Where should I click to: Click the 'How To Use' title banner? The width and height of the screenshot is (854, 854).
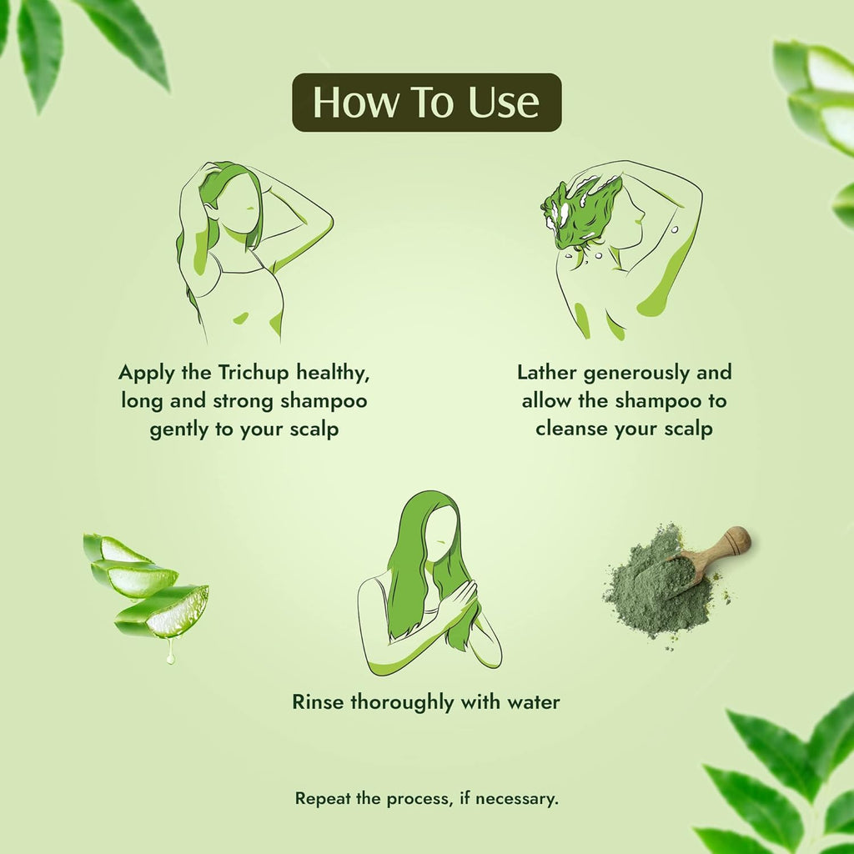426,103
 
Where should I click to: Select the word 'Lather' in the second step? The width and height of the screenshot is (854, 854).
547,372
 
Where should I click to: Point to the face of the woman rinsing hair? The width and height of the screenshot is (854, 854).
442,534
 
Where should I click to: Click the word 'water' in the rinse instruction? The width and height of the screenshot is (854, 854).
532,702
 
